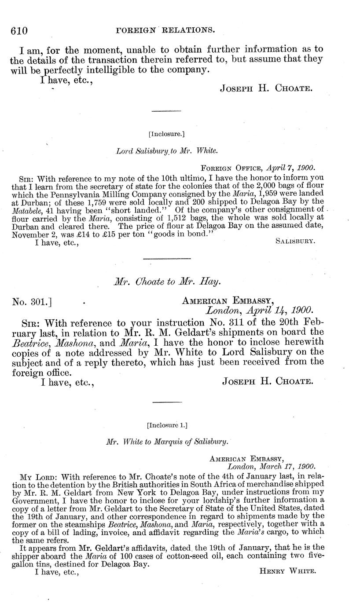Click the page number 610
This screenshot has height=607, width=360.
point(19,30)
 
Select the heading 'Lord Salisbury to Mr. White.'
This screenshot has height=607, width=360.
point(166,151)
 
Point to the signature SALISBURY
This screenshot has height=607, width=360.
point(294,242)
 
